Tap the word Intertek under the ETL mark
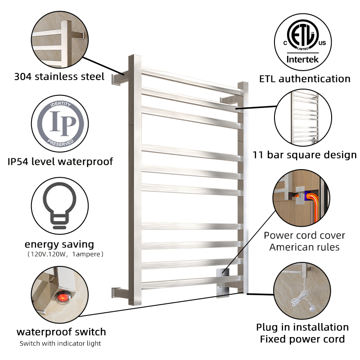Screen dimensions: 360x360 pyautogui.click(x=302, y=59)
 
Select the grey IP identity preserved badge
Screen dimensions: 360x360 pyautogui.click(x=60, y=123)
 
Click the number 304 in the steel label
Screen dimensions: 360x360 pyautogui.click(x=23, y=76)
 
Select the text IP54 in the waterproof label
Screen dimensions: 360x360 pyautogui.click(x=18, y=162)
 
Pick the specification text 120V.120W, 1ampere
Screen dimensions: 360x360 pyautogui.click(x=65, y=254)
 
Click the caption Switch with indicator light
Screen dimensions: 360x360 pyautogui.click(x=60, y=343)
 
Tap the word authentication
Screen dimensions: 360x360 pyautogui.click(x=315, y=79)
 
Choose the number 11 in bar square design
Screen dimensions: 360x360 pyautogui.click(x=258, y=155)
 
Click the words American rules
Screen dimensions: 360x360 pyautogui.click(x=304, y=247)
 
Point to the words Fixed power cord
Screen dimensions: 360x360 pyautogui.click(x=302, y=339)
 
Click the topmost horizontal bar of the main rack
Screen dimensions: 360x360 pyautogui.click(x=192, y=81)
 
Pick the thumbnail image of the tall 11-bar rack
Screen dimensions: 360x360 pyautogui.click(x=303, y=117)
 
